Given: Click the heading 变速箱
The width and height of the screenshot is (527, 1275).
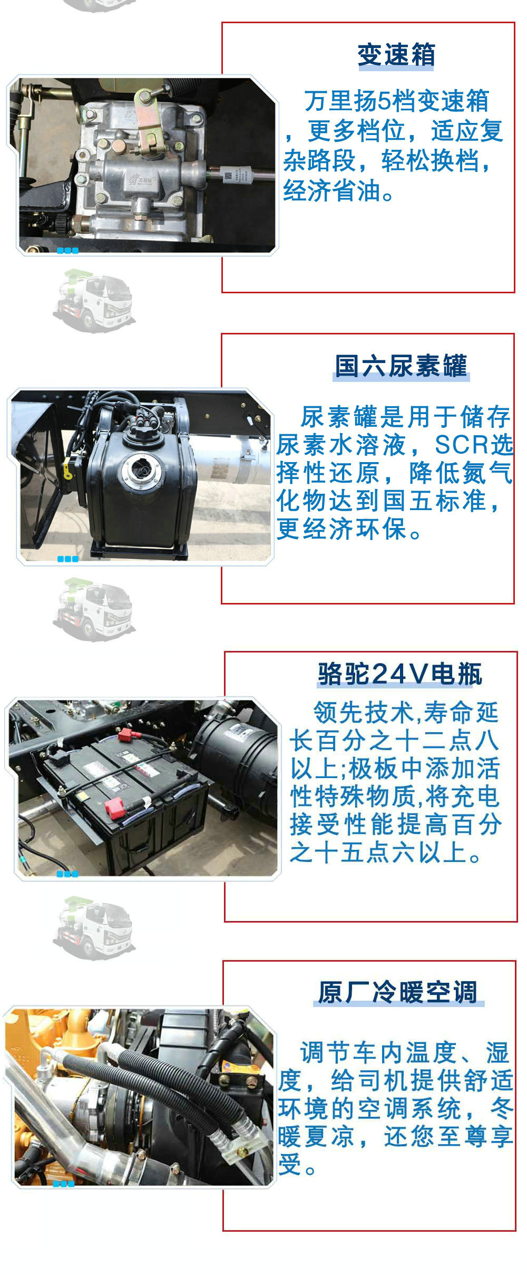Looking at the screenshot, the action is click(396, 55).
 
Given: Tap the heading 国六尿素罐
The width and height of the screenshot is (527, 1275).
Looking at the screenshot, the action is click(401, 366).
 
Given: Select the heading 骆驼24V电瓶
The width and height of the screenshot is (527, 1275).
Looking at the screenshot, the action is click(400, 674).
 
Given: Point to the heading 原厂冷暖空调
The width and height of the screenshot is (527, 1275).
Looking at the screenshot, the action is click(398, 992).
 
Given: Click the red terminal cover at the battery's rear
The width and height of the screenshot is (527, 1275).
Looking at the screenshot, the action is click(126, 734).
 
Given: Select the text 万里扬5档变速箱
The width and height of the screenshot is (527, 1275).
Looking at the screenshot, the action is click(396, 101).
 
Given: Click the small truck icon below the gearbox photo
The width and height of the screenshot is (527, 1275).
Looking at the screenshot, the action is click(93, 301).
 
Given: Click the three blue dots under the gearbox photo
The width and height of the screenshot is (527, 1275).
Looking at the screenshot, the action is click(67, 251).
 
